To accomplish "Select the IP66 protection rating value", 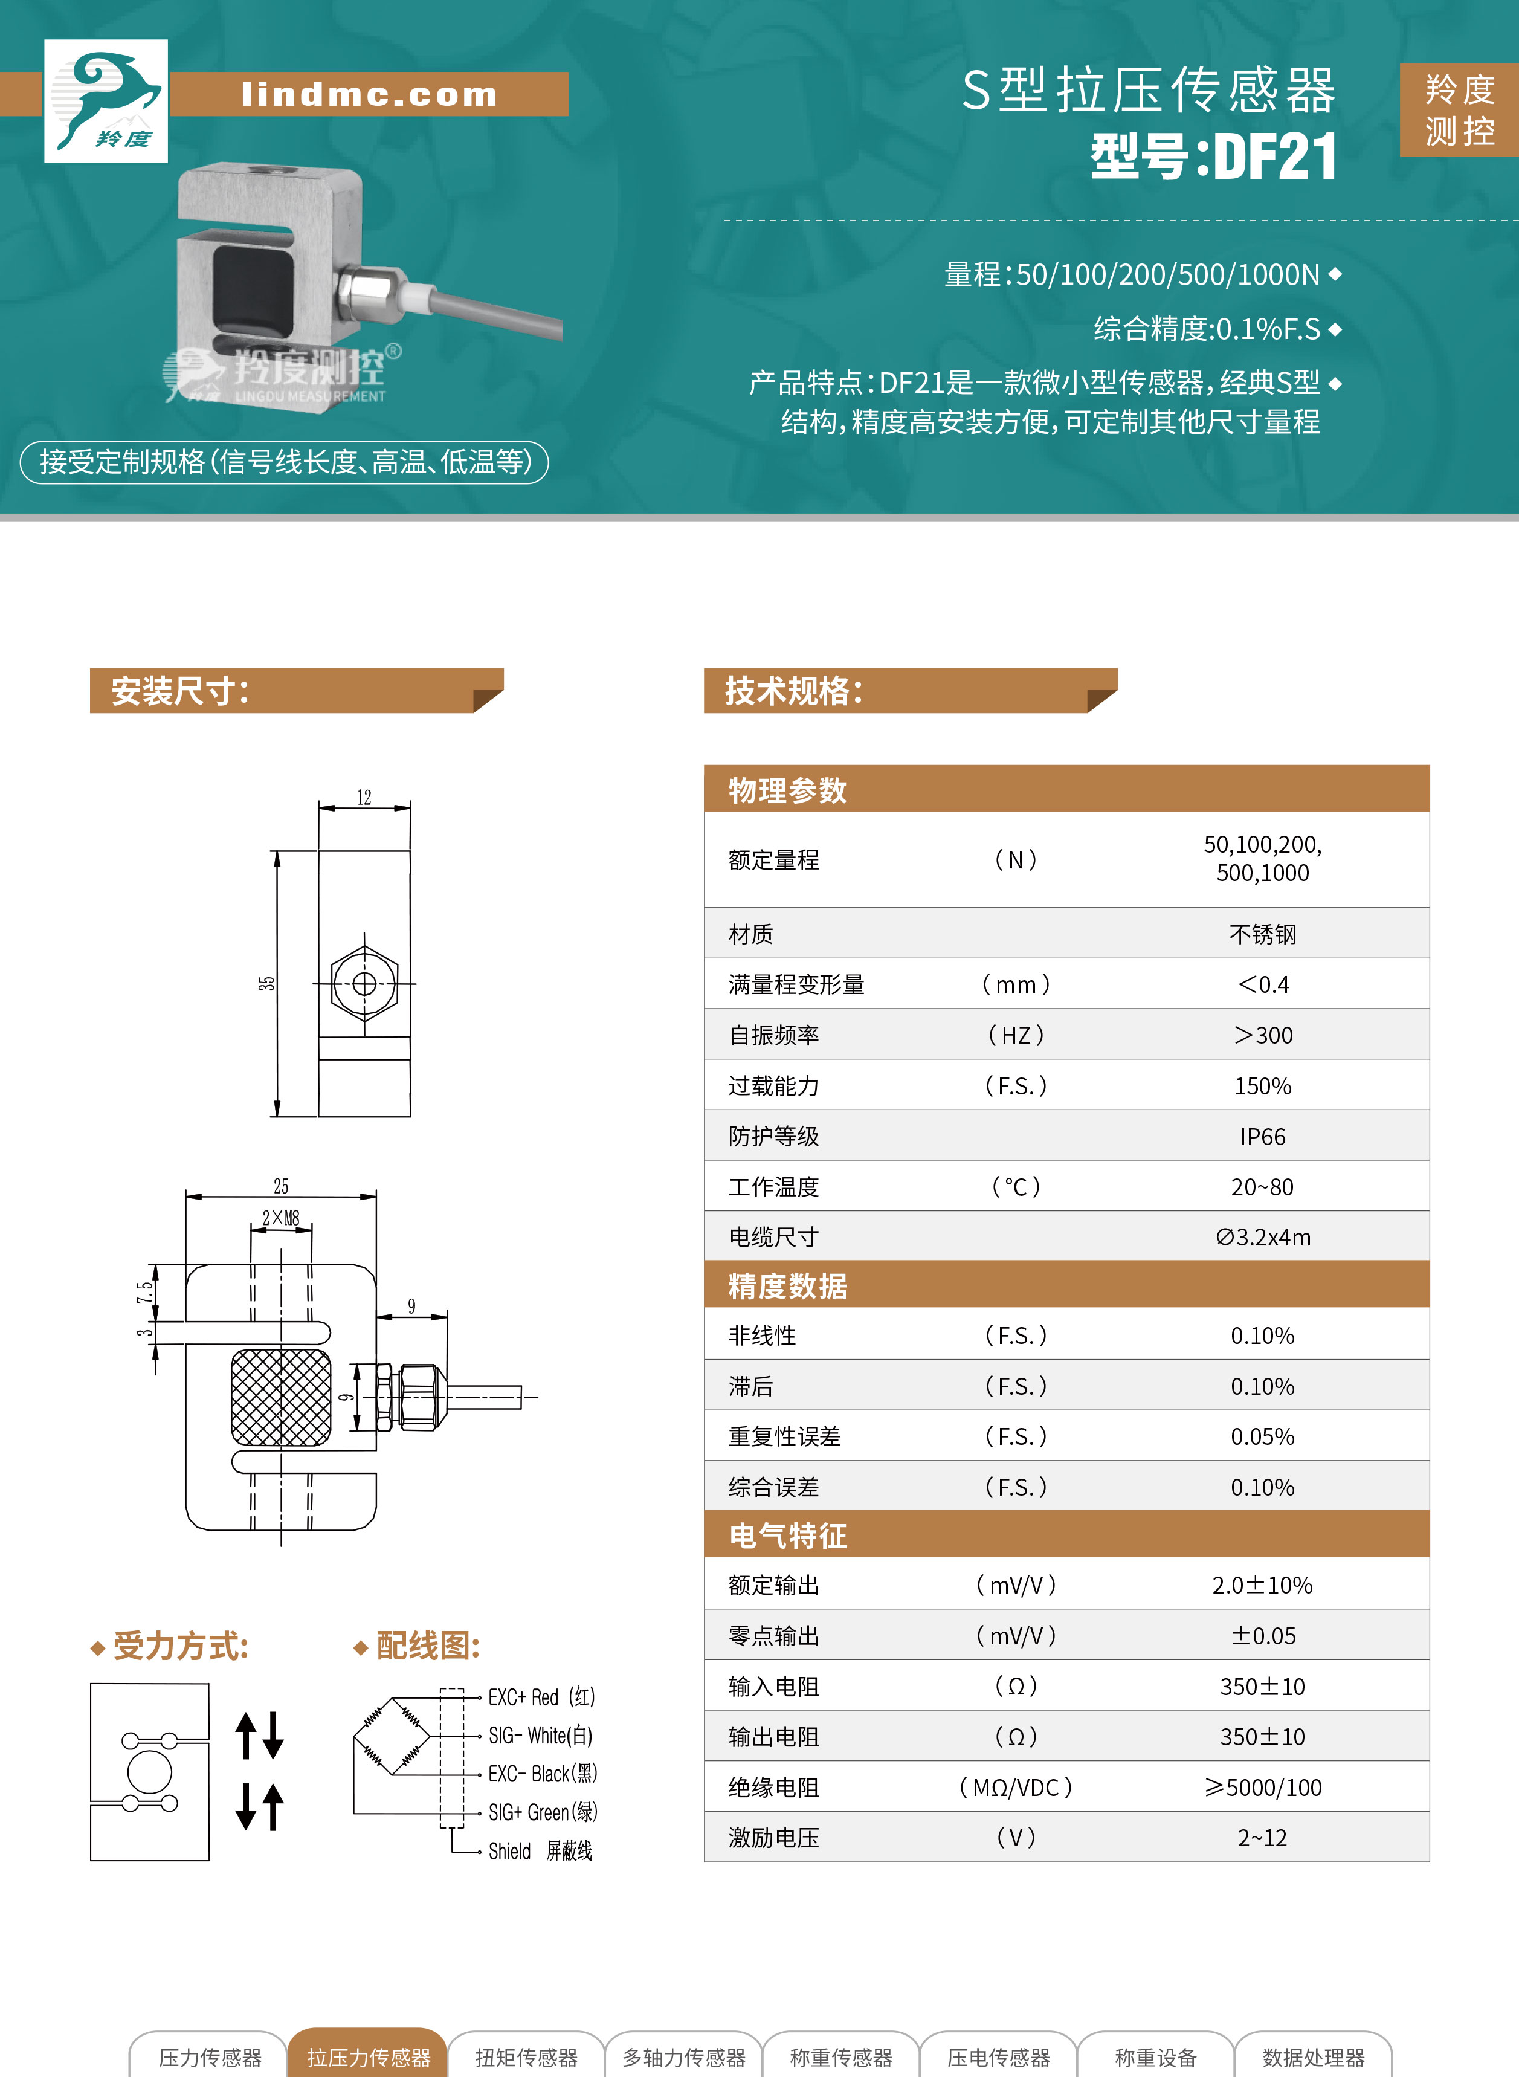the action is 1262,1137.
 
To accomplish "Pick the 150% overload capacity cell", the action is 1262,1086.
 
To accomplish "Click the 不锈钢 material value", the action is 1262,934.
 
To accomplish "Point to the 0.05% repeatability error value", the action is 1262,1436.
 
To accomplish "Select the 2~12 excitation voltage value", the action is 1262,1838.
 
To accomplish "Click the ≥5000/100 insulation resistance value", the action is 1262,1788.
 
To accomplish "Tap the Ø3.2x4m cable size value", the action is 1262,1238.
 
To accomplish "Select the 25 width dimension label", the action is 280,1186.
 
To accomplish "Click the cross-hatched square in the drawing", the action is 280,1397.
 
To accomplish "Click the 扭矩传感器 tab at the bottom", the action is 526,2058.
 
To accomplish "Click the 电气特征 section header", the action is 787,1536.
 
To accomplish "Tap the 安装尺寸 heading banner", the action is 296,691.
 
